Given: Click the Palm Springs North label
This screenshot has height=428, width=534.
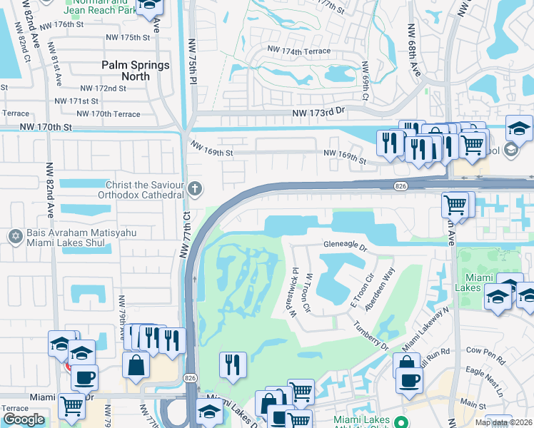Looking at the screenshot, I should tap(136, 71).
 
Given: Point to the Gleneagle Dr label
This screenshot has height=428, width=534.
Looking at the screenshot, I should tap(344, 249).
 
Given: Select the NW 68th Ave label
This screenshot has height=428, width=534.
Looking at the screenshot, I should tap(415, 54).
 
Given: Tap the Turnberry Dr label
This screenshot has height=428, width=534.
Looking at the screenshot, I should tap(369, 335).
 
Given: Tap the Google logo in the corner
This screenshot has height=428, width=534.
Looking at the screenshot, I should tap(24, 419).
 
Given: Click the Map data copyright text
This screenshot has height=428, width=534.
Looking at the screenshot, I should tap(508, 422).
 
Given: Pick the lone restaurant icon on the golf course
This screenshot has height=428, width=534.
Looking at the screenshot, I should tap(232, 365).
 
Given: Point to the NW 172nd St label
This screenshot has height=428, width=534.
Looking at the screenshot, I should tap(103, 88).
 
